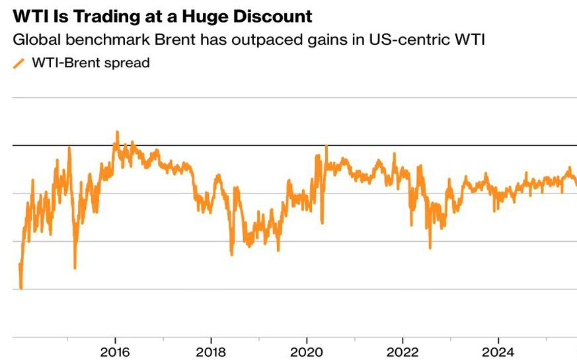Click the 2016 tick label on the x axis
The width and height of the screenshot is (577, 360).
115,350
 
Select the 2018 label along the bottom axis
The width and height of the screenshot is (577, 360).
210,350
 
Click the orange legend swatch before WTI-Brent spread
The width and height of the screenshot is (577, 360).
19,63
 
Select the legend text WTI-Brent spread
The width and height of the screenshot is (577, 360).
91,63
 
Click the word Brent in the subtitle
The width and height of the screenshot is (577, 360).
159,40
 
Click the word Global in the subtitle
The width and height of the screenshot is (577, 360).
33,40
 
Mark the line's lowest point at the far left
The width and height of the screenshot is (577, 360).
21,288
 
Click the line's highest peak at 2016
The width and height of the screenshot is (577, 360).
118,131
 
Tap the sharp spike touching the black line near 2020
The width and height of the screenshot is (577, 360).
326,145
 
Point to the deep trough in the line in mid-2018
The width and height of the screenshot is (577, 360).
231,254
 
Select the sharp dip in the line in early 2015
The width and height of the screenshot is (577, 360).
75,268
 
